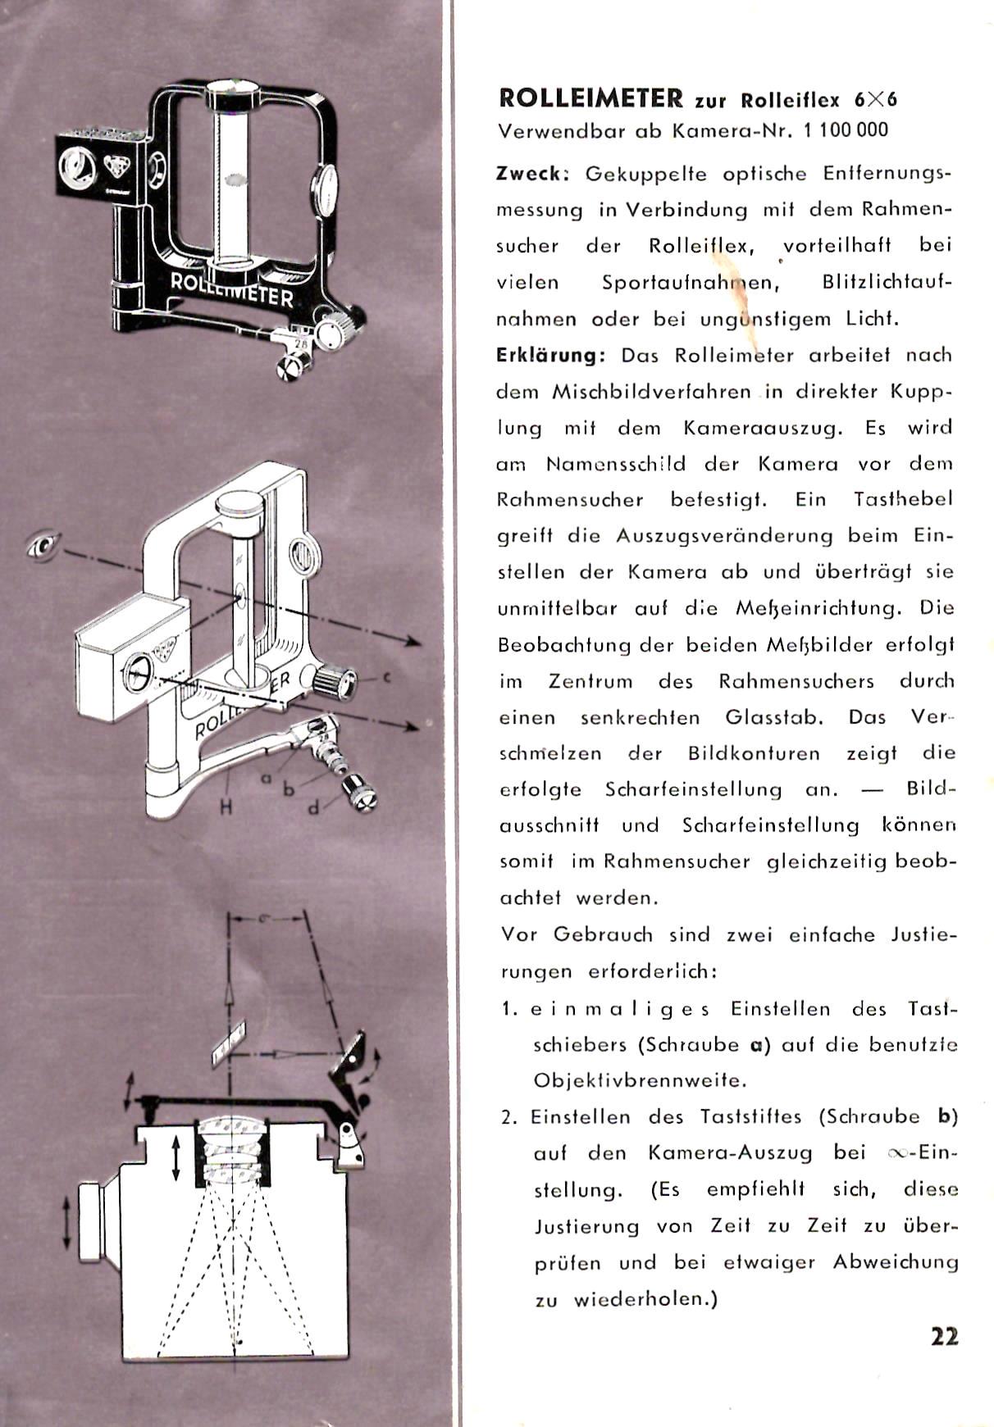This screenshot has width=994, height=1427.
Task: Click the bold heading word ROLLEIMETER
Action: tap(590, 98)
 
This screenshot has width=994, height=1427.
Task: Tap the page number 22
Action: tap(944, 1337)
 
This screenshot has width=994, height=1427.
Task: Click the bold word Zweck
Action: tap(531, 174)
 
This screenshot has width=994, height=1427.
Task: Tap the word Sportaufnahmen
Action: tap(690, 283)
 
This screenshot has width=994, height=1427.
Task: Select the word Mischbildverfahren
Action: tap(652, 392)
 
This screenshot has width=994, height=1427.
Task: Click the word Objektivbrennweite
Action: tap(640, 1080)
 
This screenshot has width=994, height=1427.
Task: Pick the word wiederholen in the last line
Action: tap(645, 1299)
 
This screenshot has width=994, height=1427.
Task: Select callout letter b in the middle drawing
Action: tap(288, 790)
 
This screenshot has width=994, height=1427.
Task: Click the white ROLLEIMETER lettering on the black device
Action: tap(231, 288)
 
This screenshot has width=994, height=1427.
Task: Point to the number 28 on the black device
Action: tap(300, 344)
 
